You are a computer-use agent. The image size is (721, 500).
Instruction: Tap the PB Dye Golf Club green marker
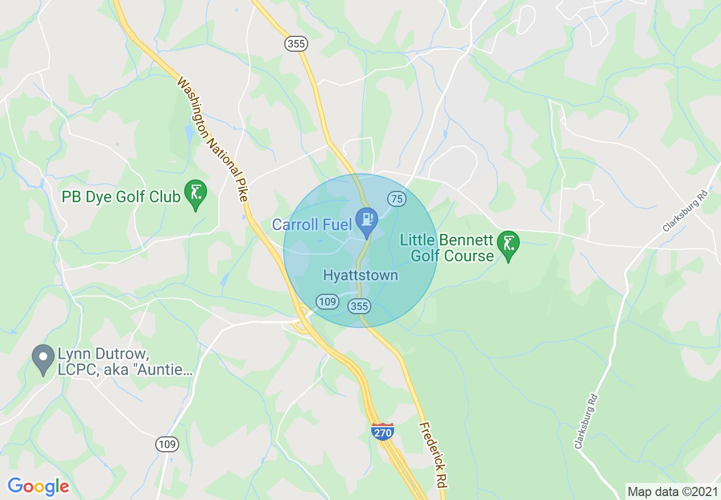(x=196, y=193)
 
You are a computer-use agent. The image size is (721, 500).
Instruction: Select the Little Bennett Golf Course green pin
(x=508, y=244)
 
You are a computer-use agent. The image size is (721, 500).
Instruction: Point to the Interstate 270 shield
(x=383, y=431)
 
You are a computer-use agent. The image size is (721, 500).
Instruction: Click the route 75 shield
(x=396, y=198)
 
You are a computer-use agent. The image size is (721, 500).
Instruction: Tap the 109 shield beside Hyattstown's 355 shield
(x=328, y=301)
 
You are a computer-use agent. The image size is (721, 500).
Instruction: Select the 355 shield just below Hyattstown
(x=360, y=307)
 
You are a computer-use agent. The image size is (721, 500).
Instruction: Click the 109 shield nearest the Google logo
(x=168, y=444)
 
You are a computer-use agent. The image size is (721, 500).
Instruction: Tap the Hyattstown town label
(x=360, y=276)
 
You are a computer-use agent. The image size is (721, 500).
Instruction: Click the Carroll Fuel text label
(x=312, y=224)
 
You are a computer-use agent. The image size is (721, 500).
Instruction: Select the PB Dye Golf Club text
(x=121, y=197)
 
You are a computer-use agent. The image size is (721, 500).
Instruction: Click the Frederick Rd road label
(x=432, y=455)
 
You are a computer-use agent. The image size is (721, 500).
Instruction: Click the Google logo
(x=38, y=486)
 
